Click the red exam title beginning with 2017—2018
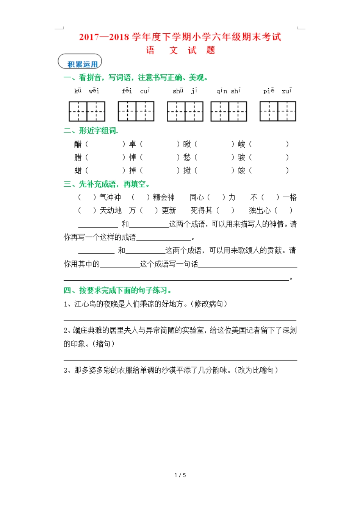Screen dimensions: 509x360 (x=180, y=37)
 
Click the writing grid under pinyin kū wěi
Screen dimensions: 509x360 (x=87, y=111)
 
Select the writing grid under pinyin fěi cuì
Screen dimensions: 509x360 (x=136, y=111)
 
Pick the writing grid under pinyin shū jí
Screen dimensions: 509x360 (x=185, y=111)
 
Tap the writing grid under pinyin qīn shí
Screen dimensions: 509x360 (x=229, y=111)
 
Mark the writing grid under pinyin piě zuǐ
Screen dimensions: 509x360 (x=278, y=111)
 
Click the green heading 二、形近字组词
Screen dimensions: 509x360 (x=91, y=131)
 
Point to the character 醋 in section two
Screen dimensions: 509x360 (x=78, y=144)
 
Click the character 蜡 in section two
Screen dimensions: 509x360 (x=78, y=170)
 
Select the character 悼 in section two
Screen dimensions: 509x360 (x=133, y=157)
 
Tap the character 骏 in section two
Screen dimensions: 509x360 (x=242, y=157)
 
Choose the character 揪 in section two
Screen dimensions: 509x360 (x=187, y=170)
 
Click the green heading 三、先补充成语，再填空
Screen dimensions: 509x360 (x=106, y=184)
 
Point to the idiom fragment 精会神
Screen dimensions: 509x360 (x=164, y=197)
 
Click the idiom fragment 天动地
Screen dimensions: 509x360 (x=110, y=211)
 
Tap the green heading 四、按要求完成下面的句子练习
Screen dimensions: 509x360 (x=117, y=290)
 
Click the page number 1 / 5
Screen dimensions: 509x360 (x=180, y=475)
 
